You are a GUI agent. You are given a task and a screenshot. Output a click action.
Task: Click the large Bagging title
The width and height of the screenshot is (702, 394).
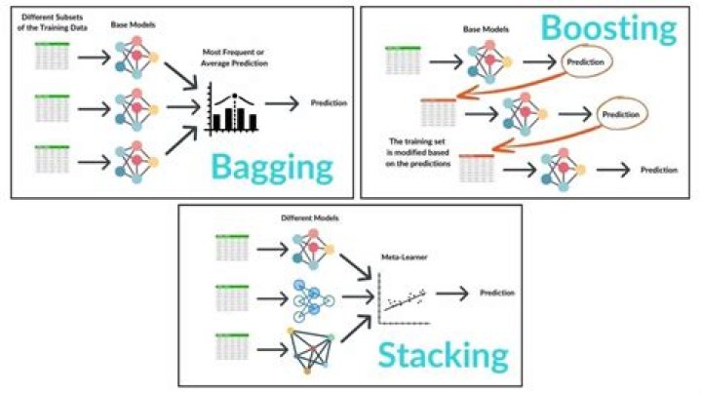(x=273, y=167)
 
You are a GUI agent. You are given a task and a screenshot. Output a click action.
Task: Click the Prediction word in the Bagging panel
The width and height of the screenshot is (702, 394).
(x=331, y=102)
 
